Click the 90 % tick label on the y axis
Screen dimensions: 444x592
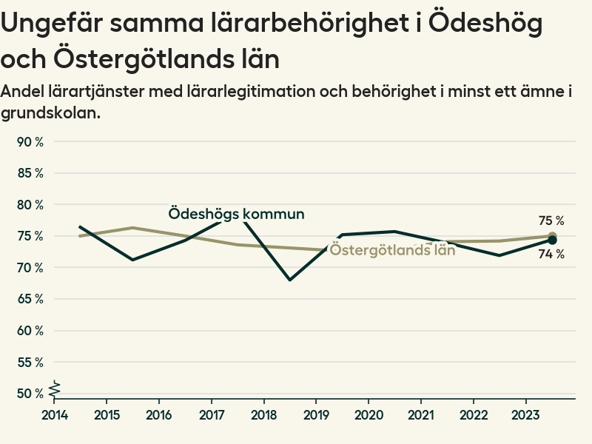[30, 142]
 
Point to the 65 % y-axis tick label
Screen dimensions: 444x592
[30, 299]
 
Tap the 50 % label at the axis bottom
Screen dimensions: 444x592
[30, 394]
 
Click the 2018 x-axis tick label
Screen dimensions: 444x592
[264, 414]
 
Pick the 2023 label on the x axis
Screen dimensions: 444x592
[526, 414]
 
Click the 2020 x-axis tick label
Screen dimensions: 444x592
[369, 414]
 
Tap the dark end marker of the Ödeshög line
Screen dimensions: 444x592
[552, 240]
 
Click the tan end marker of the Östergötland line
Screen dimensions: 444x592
[552, 236]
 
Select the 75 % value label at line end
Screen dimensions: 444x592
[551, 221]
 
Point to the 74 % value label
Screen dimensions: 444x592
[551, 255]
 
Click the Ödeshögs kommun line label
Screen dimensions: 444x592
[236, 214]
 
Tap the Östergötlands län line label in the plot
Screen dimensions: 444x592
[392, 249]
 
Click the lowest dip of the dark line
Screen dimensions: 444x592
[290, 280]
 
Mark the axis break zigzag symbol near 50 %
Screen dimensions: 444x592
[54, 387]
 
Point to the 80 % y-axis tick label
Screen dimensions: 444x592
[30, 205]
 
